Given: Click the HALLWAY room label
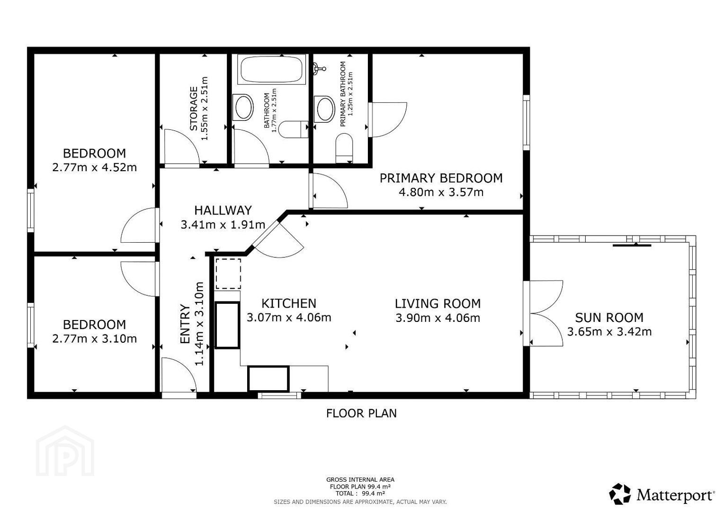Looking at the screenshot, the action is coord(223,210).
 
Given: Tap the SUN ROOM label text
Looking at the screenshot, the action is coord(609,318).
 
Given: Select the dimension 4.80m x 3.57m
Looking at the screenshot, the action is coord(441,192).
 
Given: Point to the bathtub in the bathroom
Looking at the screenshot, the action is coord(271,70).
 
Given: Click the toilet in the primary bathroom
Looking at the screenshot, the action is coord(344,149).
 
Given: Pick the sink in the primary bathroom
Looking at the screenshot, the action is coord(325,109).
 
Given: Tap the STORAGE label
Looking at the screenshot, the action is coord(194,108).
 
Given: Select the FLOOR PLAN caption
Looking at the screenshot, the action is coord(362,413).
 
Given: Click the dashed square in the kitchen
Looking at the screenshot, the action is coord(228,274).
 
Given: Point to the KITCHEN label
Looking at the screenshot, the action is coord(289,303).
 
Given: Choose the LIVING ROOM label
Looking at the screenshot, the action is coord(438,303).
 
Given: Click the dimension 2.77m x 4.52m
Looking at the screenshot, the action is coord(95,167).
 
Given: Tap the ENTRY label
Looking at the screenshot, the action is coord(185,324).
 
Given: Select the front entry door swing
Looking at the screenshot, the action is coord(179,375).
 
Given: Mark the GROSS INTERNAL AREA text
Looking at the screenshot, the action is coord(360,480).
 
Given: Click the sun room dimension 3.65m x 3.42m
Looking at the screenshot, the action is coord(609,332).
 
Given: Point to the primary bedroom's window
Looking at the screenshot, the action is coord(527,122).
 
